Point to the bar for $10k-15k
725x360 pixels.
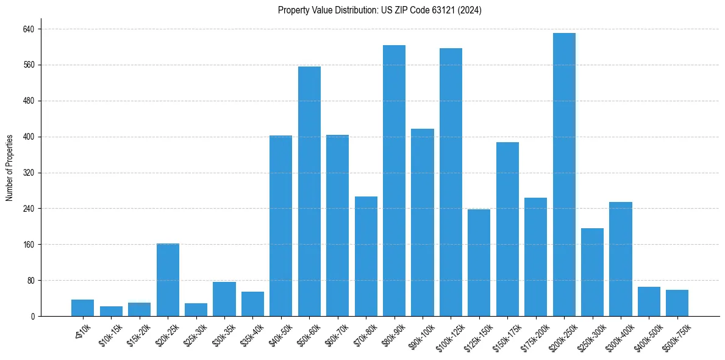coord(111,311)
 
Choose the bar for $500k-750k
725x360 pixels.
coord(677,303)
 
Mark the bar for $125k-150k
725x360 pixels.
coord(479,262)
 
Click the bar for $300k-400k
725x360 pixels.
coord(620,259)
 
